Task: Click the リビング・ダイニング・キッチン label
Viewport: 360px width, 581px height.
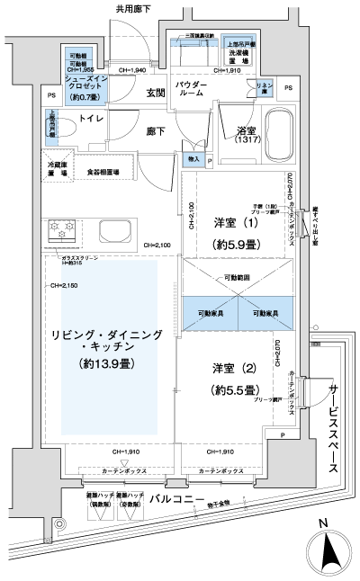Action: tap(108, 339)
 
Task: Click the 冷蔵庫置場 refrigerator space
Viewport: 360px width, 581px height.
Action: tap(58, 170)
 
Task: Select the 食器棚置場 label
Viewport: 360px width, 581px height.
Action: tap(110, 170)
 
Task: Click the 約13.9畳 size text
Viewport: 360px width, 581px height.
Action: tap(108, 364)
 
